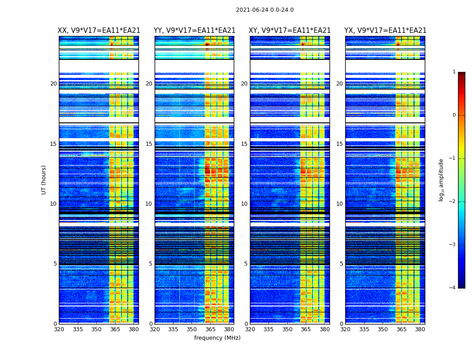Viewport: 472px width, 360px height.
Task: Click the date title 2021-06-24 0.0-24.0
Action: point(264,10)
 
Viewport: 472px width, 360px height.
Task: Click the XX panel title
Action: point(99,31)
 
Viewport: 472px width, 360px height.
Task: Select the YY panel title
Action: point(194,31)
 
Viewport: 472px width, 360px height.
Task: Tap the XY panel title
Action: point(289,31)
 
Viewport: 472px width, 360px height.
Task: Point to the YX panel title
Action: point(385,31)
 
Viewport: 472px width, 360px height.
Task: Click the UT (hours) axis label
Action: point(44,180)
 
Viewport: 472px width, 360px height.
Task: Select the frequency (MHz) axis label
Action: point(217,338)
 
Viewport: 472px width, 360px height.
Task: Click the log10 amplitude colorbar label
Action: point(441,180)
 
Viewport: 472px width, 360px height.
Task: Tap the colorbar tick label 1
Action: point(454,72)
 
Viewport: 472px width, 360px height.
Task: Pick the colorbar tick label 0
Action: point(454,115)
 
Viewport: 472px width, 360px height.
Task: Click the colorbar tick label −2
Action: point(453,202)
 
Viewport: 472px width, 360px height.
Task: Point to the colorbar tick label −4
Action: point(453,288)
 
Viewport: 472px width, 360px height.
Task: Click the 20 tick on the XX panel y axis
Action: point(53,84)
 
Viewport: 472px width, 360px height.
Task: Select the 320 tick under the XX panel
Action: point(59,329)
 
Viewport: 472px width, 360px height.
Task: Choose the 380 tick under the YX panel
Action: point(420,329)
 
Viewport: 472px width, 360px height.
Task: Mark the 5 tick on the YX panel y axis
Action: point(341,264)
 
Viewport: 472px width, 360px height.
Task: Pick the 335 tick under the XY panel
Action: point(269,329)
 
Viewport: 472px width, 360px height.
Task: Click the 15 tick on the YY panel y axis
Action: point(149,144)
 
